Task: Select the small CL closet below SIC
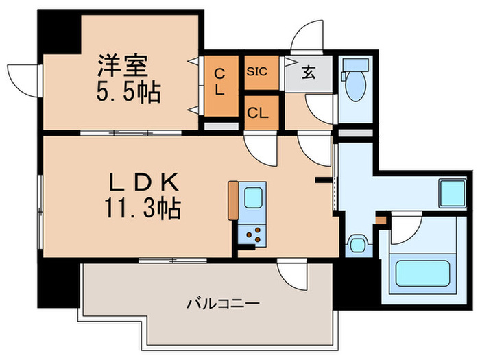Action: (261, 113)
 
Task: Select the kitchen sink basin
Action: (252, 201)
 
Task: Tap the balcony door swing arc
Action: (291, 274)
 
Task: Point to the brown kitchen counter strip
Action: (233, 200)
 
